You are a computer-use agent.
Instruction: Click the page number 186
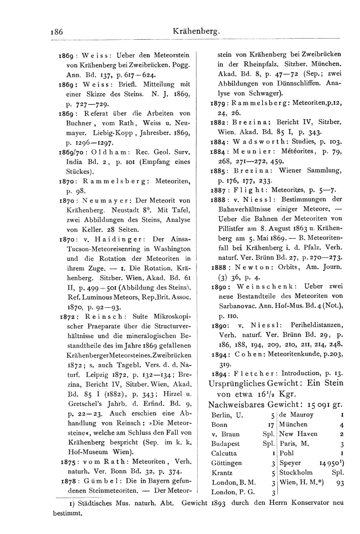(x=56, y=32)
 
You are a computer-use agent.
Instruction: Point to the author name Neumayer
(x=105, y=200)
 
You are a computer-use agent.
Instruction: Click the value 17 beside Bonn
(x=271, y=425)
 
